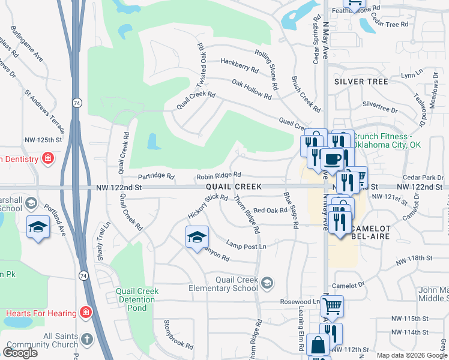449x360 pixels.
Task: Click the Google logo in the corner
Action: click(x=20, y=353)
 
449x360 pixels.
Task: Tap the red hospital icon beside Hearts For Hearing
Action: click(x=86, y=313)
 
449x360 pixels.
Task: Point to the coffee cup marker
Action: click(x=331, y=160)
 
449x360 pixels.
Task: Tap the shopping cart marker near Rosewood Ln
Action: click(x=331, y=306)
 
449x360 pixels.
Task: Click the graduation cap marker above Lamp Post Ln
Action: click(x=197, y=237)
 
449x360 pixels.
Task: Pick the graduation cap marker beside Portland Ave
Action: click(x=38, y=227)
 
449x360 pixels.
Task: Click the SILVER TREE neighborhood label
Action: click(x=361, y=81)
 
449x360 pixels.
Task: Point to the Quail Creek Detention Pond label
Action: click(x=137, y=299)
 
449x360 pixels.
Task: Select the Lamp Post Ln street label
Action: click(x=246, y=245)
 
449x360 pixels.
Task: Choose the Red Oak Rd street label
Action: click(x=271, y=210)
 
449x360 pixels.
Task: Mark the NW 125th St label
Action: click(x=43, y=140)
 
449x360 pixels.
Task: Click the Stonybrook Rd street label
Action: click(x=178, y=335)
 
